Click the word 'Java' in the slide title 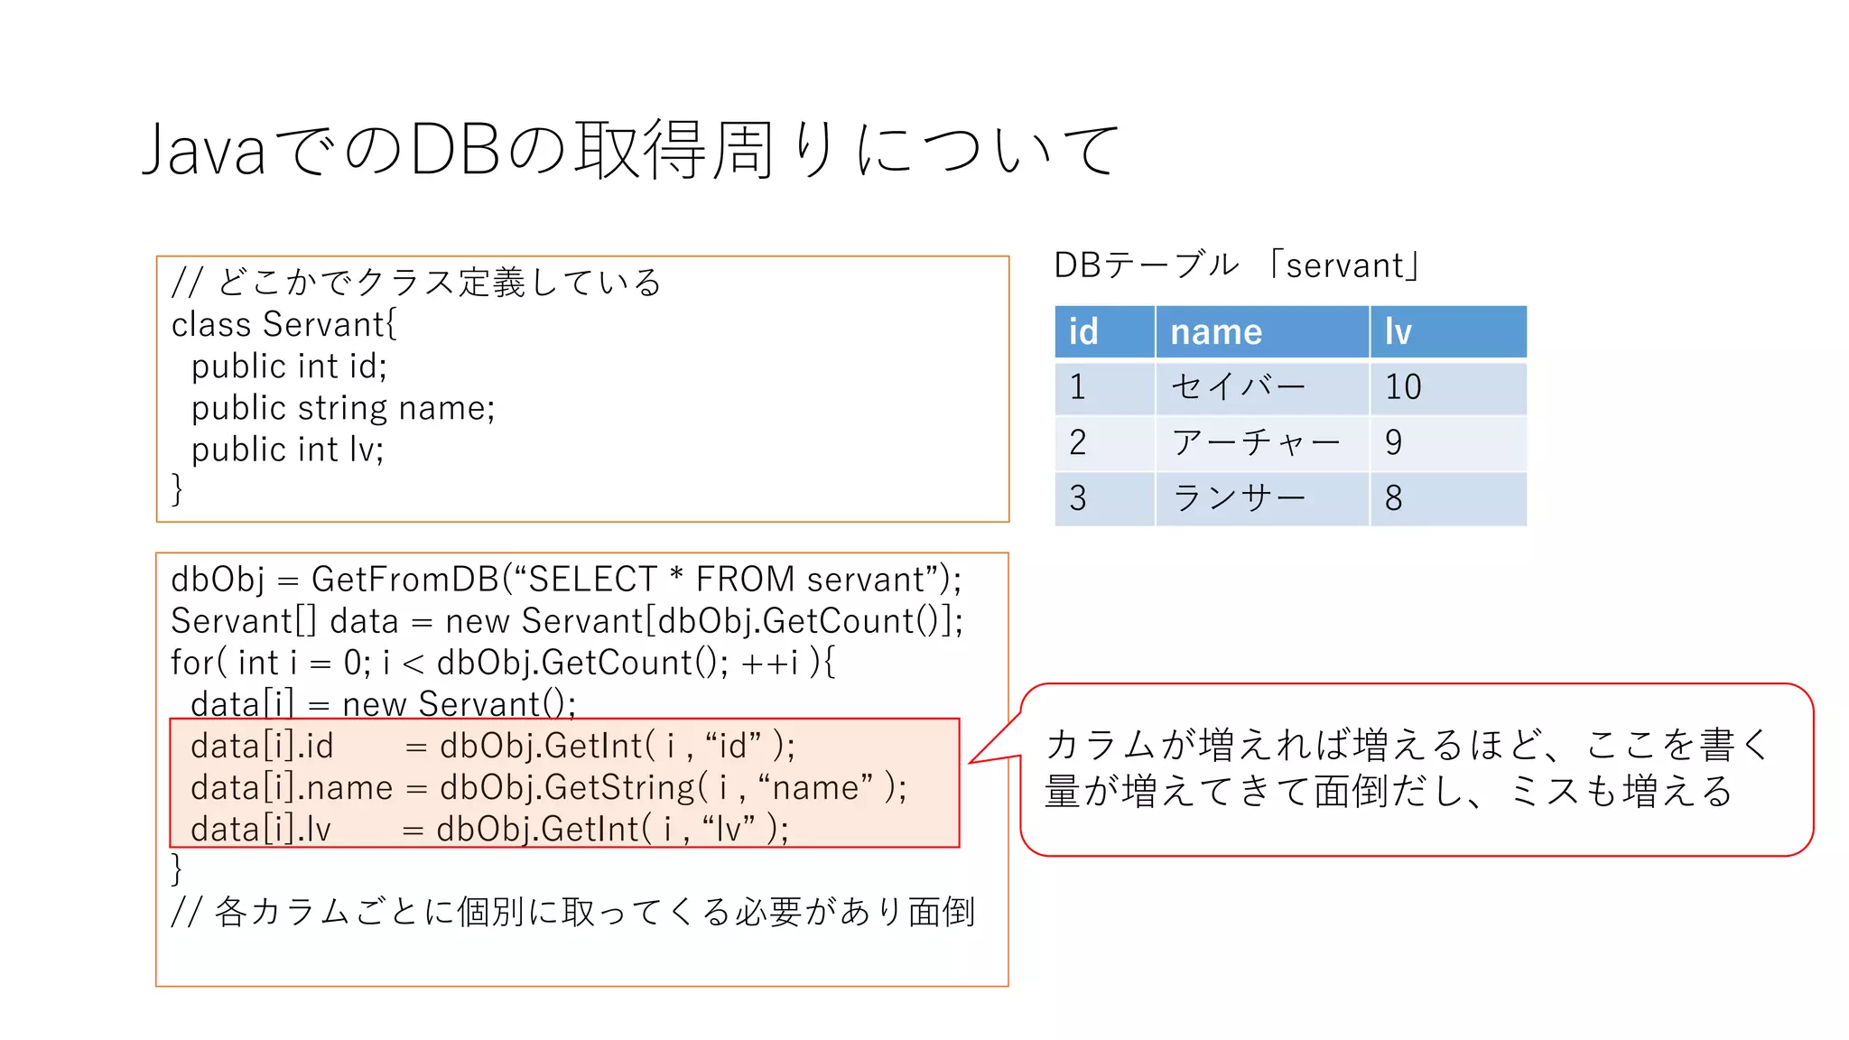coord(204,150)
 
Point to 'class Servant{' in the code coord(283,324)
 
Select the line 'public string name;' coord(343,408)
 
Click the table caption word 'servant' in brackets coord(1344,265)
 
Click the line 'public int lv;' coord(287,450)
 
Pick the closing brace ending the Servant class coord(177,488)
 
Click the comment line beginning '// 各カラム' coord(572,912)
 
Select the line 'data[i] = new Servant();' coord(383,703)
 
